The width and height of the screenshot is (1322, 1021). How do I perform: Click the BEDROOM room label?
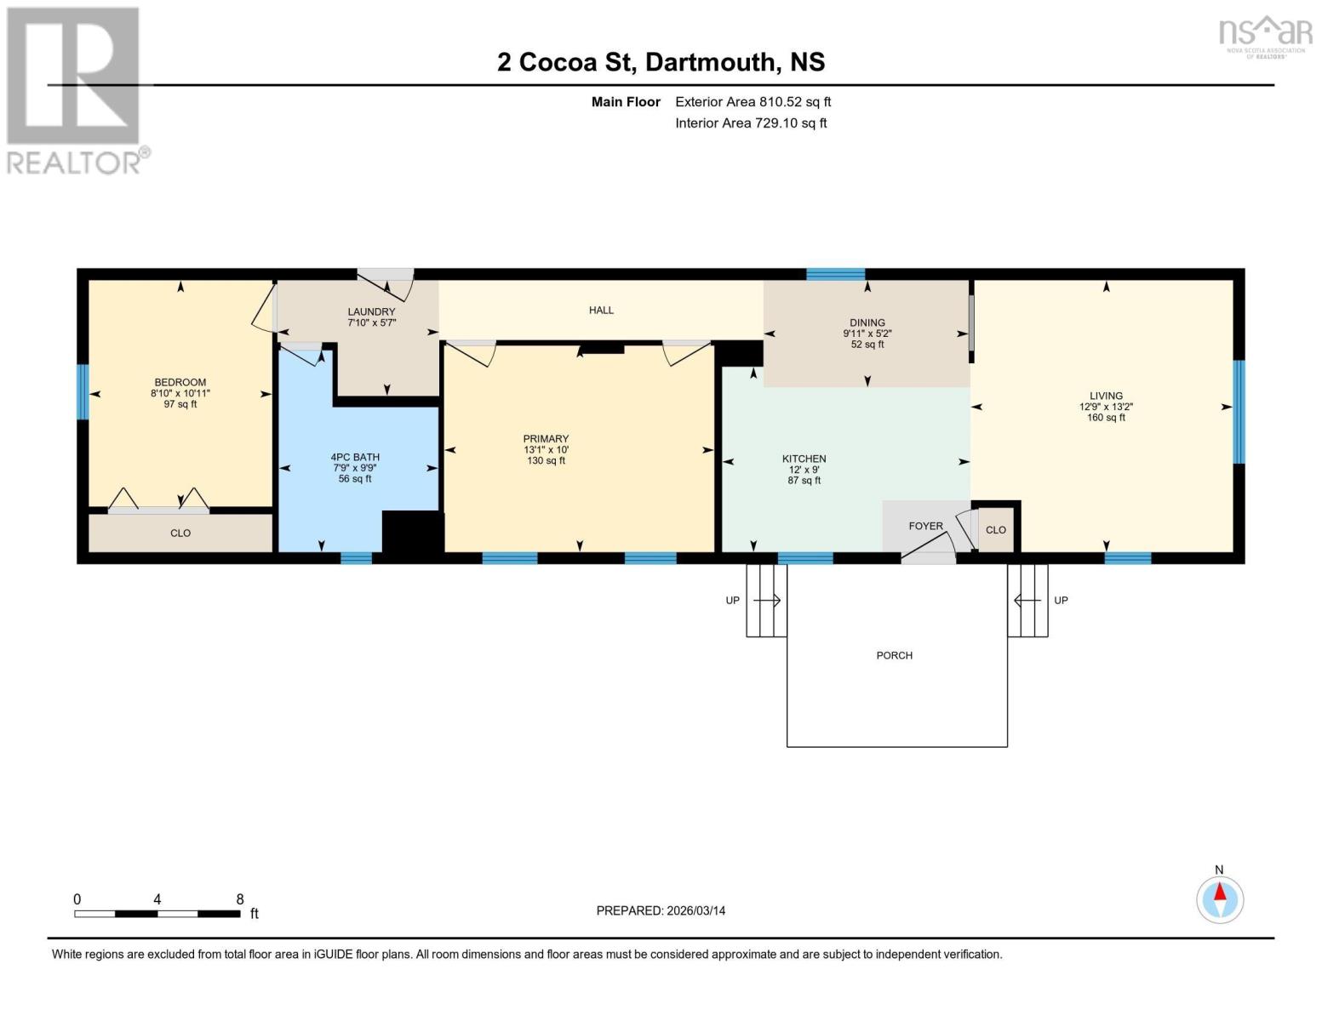pyautogui.click(x=180, y=382)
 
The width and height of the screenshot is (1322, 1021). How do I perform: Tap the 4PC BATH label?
pyautogui.click(x=355, y=457)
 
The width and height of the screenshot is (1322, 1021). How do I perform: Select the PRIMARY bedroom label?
pyautogui.click(x=546, y=439)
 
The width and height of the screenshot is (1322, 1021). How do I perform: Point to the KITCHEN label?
pyautogui.click(x=804, y=459)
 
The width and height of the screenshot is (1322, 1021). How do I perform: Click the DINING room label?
pyautogui.click(x=867, y=322)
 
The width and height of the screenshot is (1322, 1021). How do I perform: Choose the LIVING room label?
pyautogui.click(x=1106, y=396)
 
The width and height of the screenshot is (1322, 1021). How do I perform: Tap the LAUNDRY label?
pyautogui.click(x=371, y=312)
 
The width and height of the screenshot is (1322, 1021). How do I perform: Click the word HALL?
pyautogui.click(x=601, y=311)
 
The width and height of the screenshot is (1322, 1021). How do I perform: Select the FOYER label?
pyautogui.click(x=925, y=526)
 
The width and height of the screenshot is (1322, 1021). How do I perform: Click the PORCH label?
pyautogui.click(x=894, y=655)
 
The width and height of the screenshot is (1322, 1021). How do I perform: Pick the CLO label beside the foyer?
pyautogui.click(x=995, y=530)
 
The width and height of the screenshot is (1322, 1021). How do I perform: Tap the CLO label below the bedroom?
pyautogui.click(x=180, y=533)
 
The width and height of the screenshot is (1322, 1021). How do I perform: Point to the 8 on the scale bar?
pyautogui.click(x=240, y=899)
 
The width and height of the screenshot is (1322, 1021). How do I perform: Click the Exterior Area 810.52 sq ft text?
pyautogui.click(x=753, y=102)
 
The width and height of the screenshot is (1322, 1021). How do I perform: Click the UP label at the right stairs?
pyautogui.click(x=1061, y=601)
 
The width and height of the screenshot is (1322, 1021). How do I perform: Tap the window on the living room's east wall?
pyautogui.click(x=1239, y=412)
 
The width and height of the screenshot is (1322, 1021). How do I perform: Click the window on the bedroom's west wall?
pyautogui.click(x=83, y=392)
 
